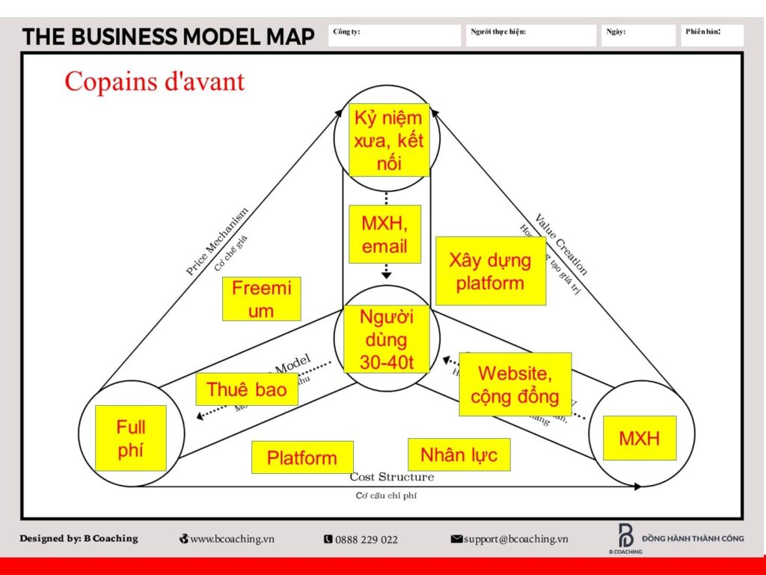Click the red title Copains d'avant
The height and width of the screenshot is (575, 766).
coord(154,81)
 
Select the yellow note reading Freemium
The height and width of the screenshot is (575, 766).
coord(261,299)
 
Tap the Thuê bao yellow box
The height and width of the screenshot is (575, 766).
coord(246,389)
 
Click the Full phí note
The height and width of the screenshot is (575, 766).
coord(131,438)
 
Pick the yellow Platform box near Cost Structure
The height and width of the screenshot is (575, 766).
coord(301,457)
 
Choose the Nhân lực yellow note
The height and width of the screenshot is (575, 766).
coord(459,454)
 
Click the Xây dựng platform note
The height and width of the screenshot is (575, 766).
coord(490,271)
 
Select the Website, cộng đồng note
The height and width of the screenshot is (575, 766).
coord(515,384)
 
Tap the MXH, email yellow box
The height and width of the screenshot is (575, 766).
coord(384,234)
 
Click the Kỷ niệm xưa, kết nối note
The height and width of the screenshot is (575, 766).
coord(388,140)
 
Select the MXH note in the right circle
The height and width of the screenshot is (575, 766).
coord(639,438)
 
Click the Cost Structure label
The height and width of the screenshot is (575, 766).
coord(391,477)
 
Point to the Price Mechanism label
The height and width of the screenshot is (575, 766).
coord(216,242)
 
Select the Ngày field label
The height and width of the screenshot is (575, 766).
coord(616,31)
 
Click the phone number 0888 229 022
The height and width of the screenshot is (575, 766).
coord(361,539)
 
